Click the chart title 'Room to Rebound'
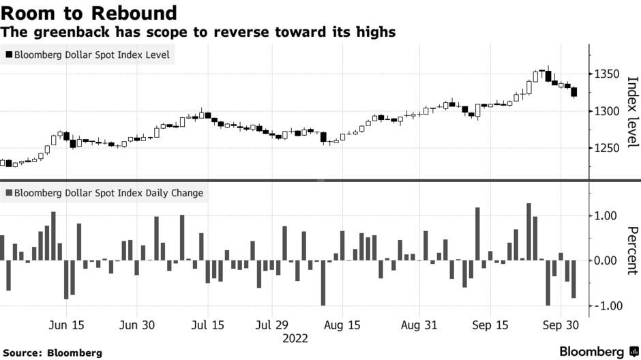89,13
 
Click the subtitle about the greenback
198,32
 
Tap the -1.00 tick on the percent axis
606,306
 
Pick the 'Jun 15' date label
68,325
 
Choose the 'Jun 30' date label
137,325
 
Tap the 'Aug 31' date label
419,325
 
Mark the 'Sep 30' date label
561,325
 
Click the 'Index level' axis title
631,111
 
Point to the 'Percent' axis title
631,250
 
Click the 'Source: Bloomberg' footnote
52,352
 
